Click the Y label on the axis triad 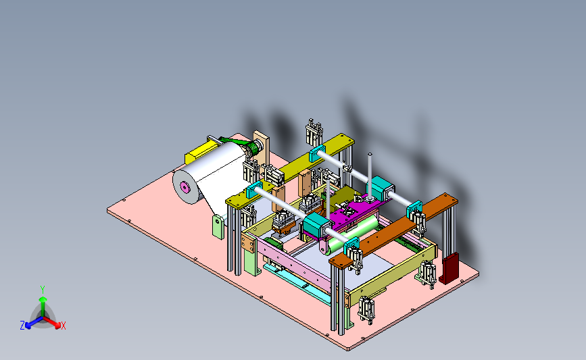(x=43, y=290)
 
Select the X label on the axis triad (x=63, y=326)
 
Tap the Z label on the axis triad (x=22, y=326)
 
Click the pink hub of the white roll (x=185, y=186)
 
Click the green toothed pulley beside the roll (x=255, y=149)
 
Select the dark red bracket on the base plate (x=449, y=268)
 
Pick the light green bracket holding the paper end (x=218, y=227)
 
